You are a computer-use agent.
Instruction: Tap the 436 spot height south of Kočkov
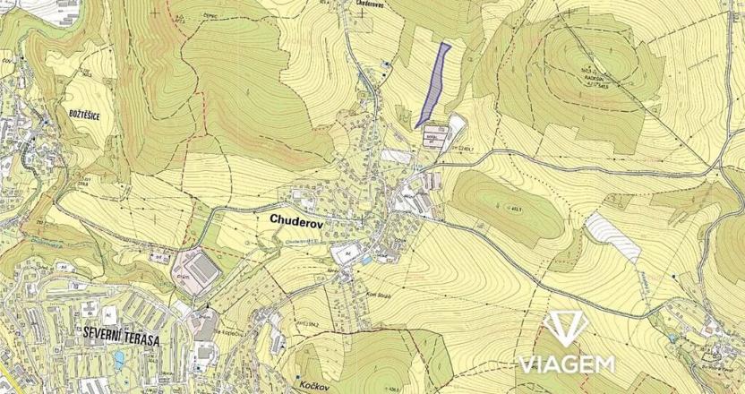point(393,389)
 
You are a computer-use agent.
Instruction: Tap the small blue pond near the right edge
point(672,338)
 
